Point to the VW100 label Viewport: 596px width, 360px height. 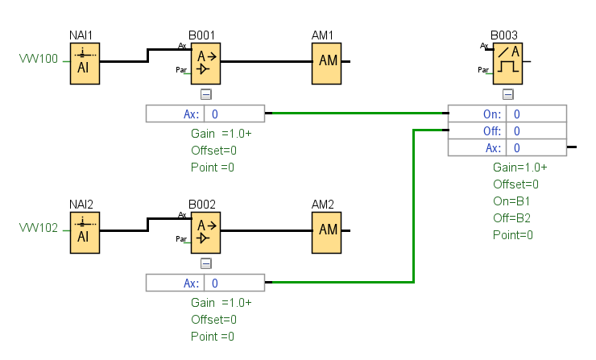[x=38, y=60]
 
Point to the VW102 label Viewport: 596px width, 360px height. [x=38, y=229]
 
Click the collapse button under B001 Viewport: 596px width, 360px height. [x=205, y=94]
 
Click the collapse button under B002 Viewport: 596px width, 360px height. [x=205, y=263]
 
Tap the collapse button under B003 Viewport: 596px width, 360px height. [x=507, y=94]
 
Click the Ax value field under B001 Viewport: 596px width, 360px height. [x=234, y=114]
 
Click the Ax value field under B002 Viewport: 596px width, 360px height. [x=234, y=283]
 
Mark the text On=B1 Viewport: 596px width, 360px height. [x=511, y=201]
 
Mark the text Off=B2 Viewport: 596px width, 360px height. [x=511, y=218]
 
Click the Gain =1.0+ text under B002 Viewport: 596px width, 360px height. [x=221, y=303]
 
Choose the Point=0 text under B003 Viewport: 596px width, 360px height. [x=513, y=235]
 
